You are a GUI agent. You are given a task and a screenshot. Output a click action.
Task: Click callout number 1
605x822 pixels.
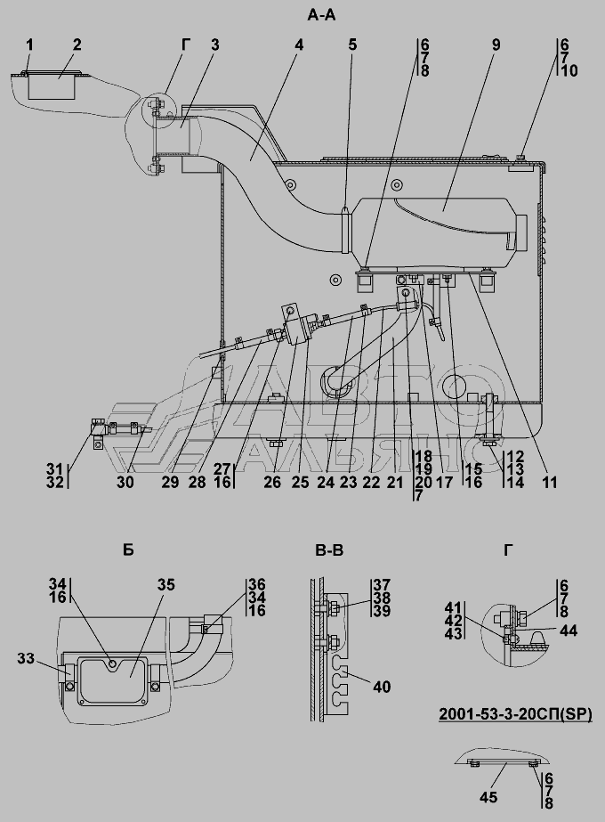(29, 45)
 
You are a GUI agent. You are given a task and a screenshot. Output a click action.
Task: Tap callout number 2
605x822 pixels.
(77, 45)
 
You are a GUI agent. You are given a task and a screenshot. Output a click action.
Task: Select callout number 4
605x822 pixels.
(299, 45)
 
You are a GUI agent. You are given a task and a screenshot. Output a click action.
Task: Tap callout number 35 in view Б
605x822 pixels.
(166, 585)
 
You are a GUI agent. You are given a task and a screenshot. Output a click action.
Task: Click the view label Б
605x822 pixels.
(128, 549)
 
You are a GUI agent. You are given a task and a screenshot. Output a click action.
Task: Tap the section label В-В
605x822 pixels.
(329, 549)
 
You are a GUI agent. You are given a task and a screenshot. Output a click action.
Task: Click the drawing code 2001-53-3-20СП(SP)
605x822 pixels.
(515, 713)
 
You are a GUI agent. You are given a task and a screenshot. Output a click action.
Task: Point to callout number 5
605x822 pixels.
(352, 45)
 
